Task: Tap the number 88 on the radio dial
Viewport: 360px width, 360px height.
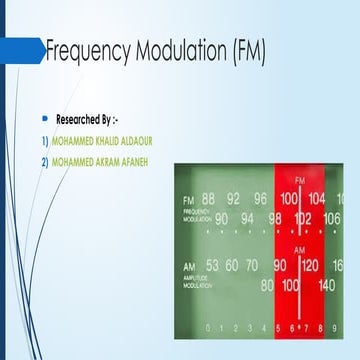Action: pyautogui.click(x=208, y=198)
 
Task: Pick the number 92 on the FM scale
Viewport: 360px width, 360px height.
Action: pyautogui.click(x=234, y=198)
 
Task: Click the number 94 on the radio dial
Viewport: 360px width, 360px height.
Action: pyautogui.click(x=247, y=218)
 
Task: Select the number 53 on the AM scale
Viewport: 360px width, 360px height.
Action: pyautogui.click(x=212, y=266)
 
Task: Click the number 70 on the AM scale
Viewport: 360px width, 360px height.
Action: pyautogui.click(x=252, y=266)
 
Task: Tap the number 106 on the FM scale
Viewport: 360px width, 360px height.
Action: pyautogui.click(x=331, y=218)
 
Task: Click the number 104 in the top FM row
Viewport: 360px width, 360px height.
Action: pyautogui.click(x=317, y=198)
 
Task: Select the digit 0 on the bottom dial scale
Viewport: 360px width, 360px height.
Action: pyautogui.click(x=207, y=327)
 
